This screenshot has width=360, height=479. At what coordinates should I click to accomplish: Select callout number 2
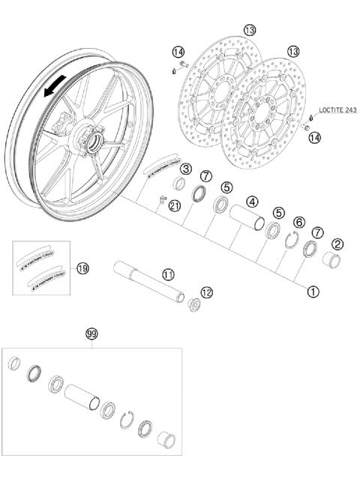tap(338, 244)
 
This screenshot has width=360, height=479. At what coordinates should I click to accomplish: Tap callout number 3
tap(184, 169)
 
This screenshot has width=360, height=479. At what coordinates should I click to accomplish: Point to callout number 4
tap(253, 202)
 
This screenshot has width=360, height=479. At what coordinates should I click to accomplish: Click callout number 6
tap(299, 223)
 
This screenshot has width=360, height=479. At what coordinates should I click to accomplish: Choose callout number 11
tap(169, 275)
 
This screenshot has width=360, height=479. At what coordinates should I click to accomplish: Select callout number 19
tap(82, 268)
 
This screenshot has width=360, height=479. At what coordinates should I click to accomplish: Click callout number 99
tap(91, 334)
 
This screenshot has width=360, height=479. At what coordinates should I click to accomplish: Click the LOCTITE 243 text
tap(337, 110)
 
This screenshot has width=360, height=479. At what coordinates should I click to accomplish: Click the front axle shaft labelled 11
tap(149, 280)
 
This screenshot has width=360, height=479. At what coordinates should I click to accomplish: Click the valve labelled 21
tap(160, 199)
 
